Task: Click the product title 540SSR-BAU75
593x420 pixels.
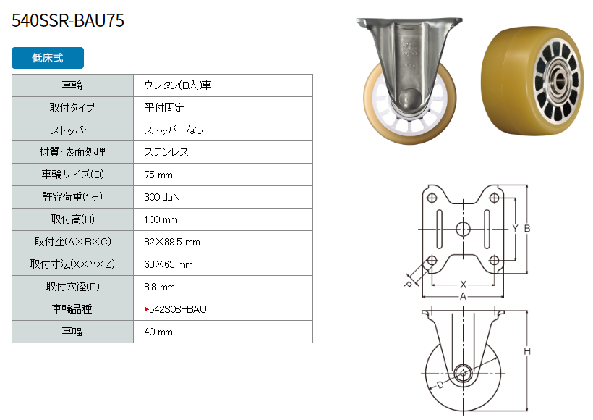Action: pos(68,20)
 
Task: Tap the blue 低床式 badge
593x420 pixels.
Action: pos(48,58)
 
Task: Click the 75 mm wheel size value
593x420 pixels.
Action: pos(158,175)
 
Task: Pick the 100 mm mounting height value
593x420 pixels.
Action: pos(161,219)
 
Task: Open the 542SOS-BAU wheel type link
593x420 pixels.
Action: pos(176,309)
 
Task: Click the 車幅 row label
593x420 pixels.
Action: pos(72,332)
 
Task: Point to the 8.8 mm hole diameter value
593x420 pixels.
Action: pos(159,287)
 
